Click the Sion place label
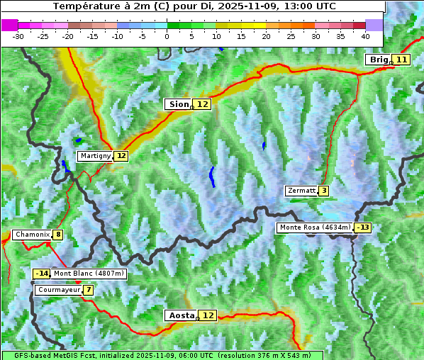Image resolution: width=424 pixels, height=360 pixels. point(178,104)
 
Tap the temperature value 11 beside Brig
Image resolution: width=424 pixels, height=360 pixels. point(401,60)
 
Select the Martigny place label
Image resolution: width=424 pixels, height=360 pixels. point(95,156)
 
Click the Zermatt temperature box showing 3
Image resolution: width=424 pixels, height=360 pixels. point(323,191)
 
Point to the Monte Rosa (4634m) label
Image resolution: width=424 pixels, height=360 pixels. point(315,227)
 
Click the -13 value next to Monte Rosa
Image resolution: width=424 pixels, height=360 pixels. point(363,227)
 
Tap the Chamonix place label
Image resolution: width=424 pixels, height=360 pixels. point(31,235)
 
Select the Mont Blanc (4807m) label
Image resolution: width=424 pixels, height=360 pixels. point(89,274)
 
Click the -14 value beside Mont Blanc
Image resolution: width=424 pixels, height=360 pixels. point(42,274)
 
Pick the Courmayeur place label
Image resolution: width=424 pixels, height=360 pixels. point(58,290)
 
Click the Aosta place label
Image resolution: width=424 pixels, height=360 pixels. point(180,315)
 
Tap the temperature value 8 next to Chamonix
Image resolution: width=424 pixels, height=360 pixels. point(57,235)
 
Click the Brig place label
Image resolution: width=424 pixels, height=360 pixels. point(379,60)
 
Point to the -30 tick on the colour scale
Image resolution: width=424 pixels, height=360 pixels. point(18,35)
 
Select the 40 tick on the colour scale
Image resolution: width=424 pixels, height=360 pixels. point(365,35)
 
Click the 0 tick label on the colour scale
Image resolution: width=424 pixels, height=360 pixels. point(167,35)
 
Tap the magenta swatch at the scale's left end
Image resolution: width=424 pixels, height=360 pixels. point(9,25)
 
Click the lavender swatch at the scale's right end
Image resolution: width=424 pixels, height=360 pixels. point(374,25)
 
